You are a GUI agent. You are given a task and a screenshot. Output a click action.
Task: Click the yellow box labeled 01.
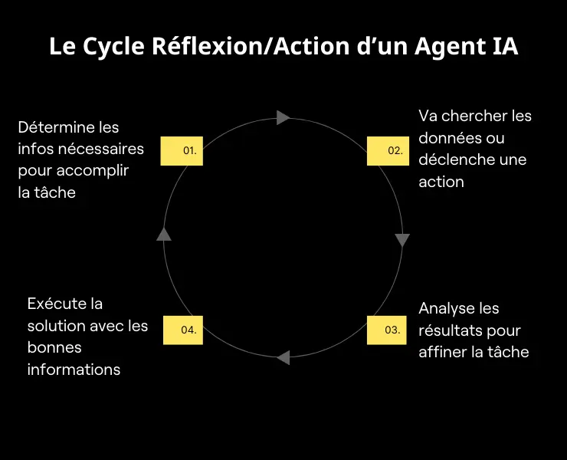tap(182, 151)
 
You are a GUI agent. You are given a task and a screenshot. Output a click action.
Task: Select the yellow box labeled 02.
tap(388, 151)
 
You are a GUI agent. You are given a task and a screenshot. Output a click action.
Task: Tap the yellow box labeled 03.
tap(388, 330)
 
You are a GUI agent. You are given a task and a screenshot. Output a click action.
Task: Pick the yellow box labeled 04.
tap(182, 330)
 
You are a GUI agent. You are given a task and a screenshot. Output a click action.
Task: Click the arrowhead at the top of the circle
tap(283, 117)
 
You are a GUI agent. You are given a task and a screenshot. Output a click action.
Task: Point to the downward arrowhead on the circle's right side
tap(402, 240)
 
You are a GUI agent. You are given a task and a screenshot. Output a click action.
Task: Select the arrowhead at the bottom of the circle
tap(283, 357)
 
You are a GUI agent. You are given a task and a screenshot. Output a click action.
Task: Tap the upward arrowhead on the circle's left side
tap(164, 234)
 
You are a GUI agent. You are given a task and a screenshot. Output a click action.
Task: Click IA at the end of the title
tap(502, 47)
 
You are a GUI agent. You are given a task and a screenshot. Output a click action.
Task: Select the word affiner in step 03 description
tap(444, 352)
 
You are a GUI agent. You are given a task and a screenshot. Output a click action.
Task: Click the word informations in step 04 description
tap(74, 370)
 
